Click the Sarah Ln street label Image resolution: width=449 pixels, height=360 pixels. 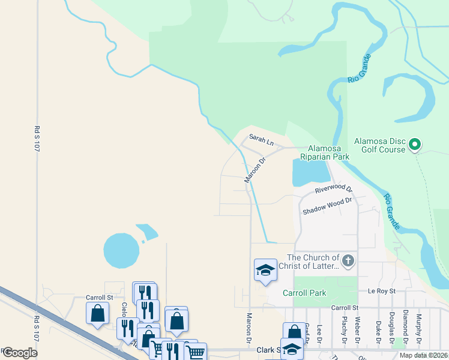(261, 141)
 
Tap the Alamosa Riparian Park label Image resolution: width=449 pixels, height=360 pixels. (328, 152)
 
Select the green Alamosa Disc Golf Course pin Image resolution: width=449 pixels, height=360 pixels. (415, 144)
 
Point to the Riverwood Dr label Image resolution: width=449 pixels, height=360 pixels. (334, 190)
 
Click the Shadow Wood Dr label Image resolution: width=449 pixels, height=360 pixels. (327, 208)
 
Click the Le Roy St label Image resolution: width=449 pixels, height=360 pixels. (382, 291)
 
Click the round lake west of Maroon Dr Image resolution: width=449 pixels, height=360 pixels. (121, 250)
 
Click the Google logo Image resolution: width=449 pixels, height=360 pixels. (20, 353)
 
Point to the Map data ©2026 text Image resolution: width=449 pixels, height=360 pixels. (423, 355)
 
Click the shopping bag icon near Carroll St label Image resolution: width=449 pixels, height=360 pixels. (97, 313)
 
